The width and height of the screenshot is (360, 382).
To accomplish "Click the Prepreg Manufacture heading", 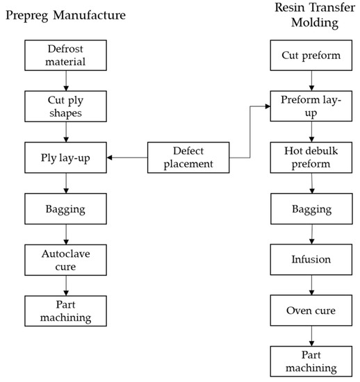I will coord(67,15).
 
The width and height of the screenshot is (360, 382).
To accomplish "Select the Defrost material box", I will coord(66,56).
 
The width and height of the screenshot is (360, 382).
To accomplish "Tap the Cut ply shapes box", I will coord(66,107).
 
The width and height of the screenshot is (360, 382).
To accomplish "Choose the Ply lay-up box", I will coord(66,158).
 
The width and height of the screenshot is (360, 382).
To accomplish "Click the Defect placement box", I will coord(189,158).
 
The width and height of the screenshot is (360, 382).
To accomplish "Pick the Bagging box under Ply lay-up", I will coord(66,208).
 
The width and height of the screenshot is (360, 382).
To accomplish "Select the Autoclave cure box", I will coord(66,258).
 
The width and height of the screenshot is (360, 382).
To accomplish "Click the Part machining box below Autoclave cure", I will coord(66,309).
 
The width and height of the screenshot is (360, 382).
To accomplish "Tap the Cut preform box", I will coord(310,56).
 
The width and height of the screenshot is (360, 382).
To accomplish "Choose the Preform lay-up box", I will coord(310,107).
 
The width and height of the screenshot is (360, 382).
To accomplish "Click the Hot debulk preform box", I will coord(310,158).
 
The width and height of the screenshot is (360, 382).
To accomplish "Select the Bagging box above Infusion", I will coord(310,208).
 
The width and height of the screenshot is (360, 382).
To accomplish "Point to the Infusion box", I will coord(310,258).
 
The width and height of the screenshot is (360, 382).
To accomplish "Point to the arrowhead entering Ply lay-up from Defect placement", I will coord(111,158).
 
